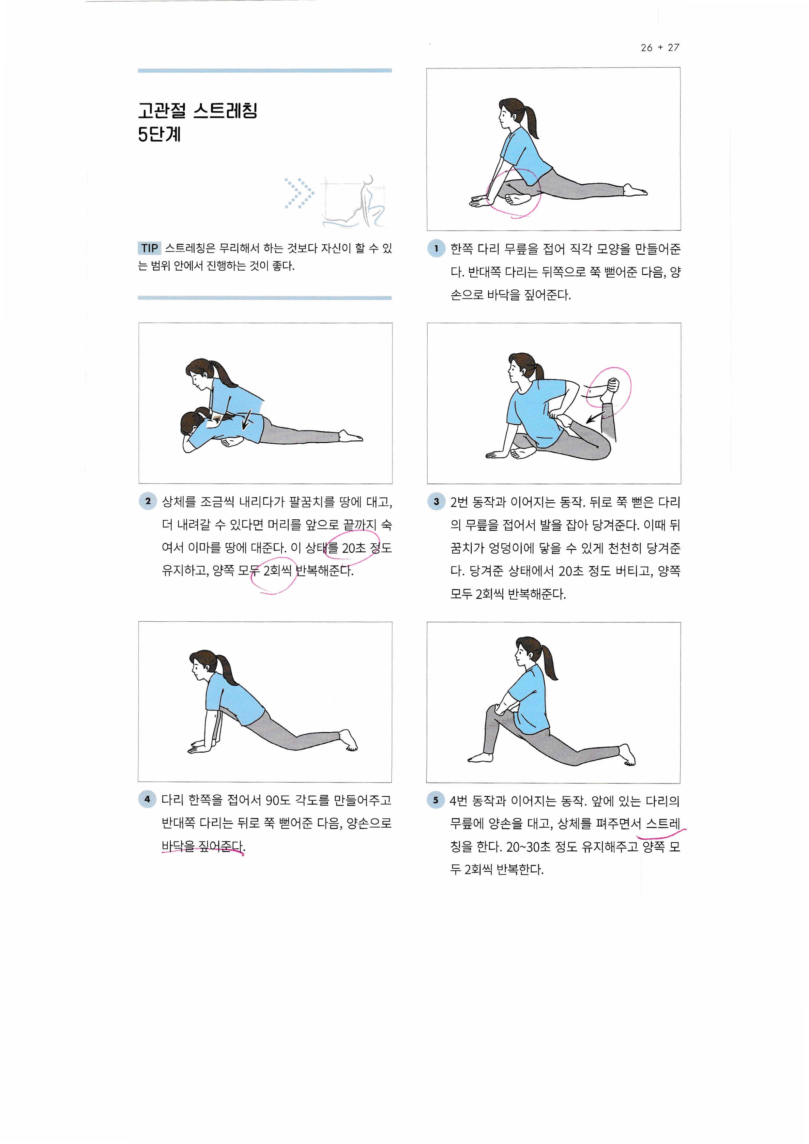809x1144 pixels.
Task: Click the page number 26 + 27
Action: click(x=660, y=48)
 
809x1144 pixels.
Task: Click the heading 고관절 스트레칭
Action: click(x=198, y=111)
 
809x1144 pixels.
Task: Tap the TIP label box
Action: click(x=149, y=248)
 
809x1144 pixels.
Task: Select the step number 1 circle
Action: click(x=436, y=248)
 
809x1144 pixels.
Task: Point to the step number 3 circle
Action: click(x=436, y=501)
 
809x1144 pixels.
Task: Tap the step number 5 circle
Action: click(x=435, y=800)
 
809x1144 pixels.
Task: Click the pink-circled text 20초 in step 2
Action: click(x=354, y=548)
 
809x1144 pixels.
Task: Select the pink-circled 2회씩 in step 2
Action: click(x=277, y=571)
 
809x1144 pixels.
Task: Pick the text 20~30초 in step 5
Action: click(x=528, y=847)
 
